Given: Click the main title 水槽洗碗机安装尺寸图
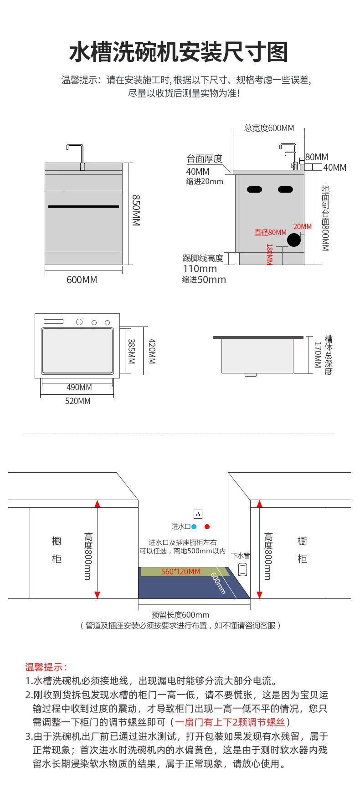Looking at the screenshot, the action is point(179,52).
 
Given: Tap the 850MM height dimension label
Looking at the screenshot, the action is point(136,210).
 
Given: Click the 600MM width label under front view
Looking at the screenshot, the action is point(82,280).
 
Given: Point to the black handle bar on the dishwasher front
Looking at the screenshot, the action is point(83,206).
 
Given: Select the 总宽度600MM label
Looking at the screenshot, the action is point(269,128).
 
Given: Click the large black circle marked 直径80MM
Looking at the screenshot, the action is point(294,240).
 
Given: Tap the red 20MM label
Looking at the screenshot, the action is point(303,226).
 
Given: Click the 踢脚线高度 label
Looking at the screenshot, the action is point(203,258).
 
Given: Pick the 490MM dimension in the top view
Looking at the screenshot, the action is point(79,387).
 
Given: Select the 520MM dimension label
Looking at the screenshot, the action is point(78,401).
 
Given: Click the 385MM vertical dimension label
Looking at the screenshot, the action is point(131,351).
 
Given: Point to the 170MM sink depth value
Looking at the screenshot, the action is point(318,355).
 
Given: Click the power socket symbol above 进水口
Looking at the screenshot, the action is point(198,514).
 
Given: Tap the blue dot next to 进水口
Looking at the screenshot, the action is point(194,526).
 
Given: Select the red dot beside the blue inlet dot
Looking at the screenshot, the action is point(207,526).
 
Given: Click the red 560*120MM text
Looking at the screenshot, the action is point(181,572).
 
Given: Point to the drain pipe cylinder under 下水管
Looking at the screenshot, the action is point(243,569).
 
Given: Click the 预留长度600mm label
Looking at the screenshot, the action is point(180,615).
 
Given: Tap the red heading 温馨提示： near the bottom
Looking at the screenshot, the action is point(46,667).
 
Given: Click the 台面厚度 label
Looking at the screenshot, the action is point(205,158).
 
